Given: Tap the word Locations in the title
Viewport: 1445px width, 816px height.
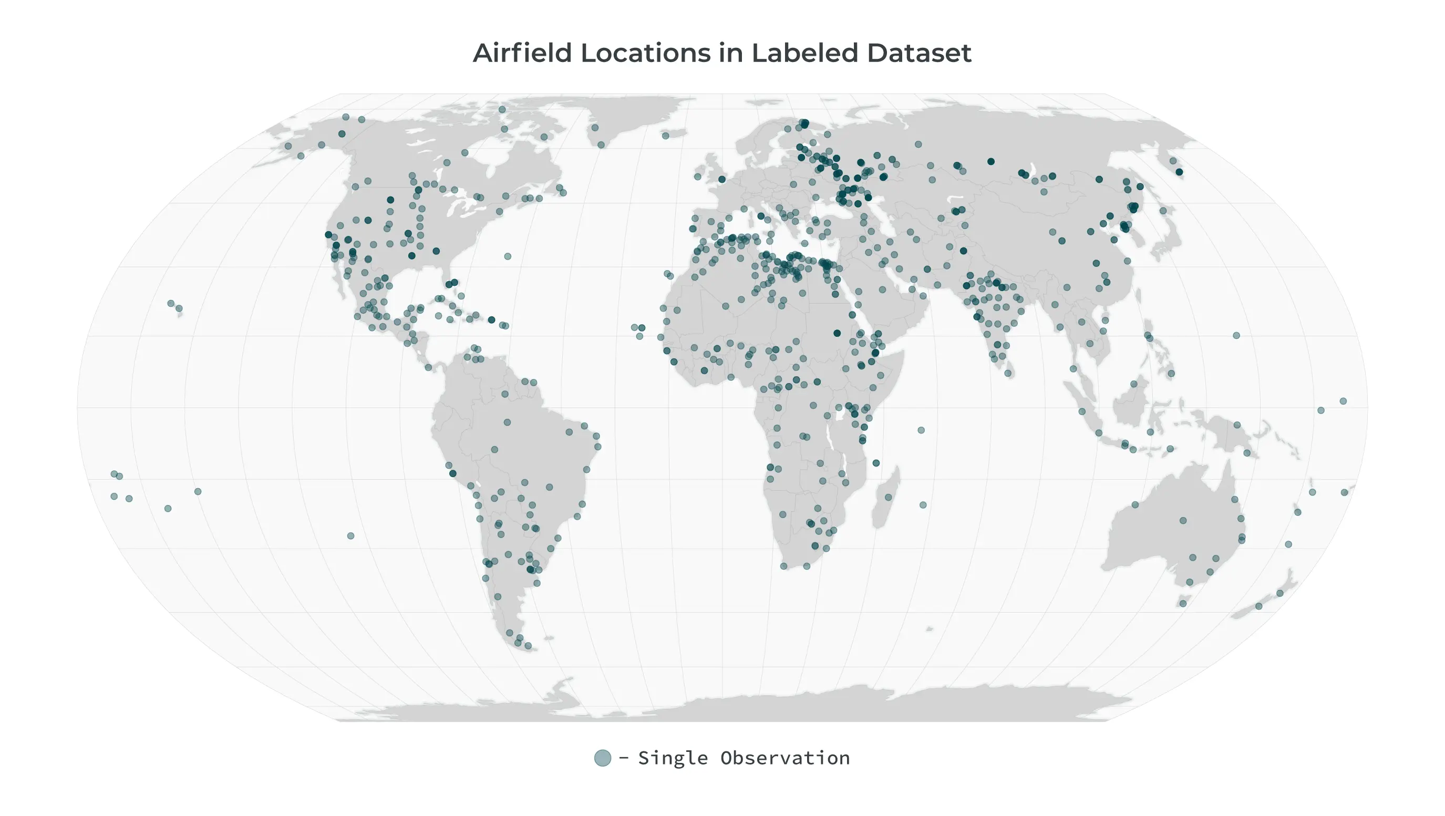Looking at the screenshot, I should click(x=662, y=53).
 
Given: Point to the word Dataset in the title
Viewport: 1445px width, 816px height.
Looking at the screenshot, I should click(x=920, y=53).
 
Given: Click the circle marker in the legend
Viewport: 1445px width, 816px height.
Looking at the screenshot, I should click(x=603, y=758).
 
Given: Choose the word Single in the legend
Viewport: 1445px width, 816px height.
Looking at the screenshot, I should click(x=673, y=758).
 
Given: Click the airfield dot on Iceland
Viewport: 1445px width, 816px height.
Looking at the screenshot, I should click(x=665, y=136).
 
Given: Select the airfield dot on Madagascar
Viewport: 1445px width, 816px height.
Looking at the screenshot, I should click(x=888, y=498).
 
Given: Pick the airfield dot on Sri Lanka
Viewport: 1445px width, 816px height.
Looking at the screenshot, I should click(x=1008, y=373).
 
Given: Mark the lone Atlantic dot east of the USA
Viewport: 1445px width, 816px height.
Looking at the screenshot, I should click(x=508, y=256).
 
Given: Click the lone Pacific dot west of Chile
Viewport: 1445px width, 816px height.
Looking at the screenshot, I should click(x=350, y=536).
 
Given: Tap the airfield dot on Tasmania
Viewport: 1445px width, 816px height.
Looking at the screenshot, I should click(x=1183, y=603).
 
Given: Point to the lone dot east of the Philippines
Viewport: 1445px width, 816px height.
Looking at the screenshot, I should click(x=1236, y=335).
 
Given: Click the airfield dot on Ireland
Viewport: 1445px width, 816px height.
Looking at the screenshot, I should click(x=697, y=177).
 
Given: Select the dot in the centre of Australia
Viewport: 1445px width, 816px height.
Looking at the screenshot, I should click(x=1183, y=521).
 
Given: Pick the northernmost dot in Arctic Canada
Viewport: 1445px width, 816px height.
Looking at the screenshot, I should click(x=502, y=110).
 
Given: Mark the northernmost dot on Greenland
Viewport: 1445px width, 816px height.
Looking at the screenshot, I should click(x=595, y=128).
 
